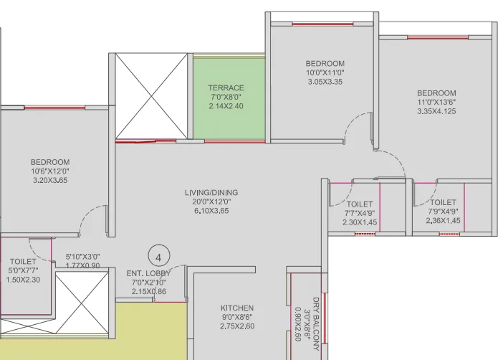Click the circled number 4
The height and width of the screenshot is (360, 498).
(158, 255)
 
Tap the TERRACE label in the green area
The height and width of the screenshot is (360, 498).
(226, 88)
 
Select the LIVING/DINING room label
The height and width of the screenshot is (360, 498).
(211, 193)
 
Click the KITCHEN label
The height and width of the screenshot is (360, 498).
(237, 308)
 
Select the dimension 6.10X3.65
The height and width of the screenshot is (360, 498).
(211, 212)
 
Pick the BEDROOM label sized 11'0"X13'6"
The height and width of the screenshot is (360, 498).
(436, 93)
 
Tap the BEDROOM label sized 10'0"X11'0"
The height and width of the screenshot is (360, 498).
(325, 64)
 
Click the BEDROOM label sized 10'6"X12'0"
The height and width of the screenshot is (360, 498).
(50, 162)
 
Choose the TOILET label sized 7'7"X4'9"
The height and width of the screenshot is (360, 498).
(360, 204)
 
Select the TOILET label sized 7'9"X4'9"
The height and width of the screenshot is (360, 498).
(444, 203)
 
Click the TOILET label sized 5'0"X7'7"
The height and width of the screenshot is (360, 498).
(23, 262)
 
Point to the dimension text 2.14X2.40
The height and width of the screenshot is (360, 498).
(226, 106)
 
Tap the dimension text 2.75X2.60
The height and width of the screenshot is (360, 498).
(237, 326)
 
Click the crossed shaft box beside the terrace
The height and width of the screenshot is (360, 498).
(151, 94)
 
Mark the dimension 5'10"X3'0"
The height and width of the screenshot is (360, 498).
(83, 256)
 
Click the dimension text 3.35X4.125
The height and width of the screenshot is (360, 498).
(436, 111)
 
